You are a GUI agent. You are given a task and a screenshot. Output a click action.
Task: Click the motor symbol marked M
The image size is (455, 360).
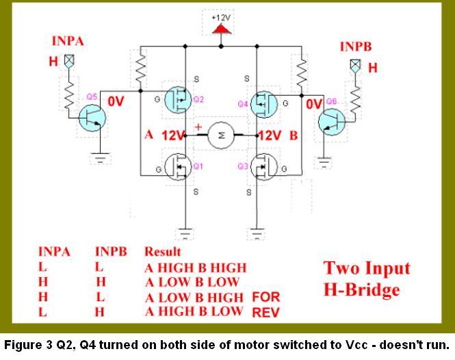pos(221,136)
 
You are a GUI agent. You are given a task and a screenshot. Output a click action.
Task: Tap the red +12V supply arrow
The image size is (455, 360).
pos(220,29)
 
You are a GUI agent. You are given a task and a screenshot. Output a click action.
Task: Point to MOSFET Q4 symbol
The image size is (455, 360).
pos(262,103)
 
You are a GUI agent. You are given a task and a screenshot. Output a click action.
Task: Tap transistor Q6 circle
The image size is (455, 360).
pos(333,121)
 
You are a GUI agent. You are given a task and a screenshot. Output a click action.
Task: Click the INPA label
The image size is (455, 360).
pos(67,42)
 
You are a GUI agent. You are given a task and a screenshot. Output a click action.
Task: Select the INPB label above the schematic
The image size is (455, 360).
pos(355,47)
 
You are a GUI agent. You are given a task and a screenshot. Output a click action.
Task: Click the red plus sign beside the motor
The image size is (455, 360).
pos(198,127)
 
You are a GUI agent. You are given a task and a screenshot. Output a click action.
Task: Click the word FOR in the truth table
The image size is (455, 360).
pos(267,297)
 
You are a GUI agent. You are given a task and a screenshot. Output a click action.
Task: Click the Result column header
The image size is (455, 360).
pos(162,252)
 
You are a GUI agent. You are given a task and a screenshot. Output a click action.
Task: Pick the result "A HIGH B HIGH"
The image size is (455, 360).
pos(195,268)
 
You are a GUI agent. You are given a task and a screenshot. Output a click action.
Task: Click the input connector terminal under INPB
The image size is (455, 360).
pos(354,66)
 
